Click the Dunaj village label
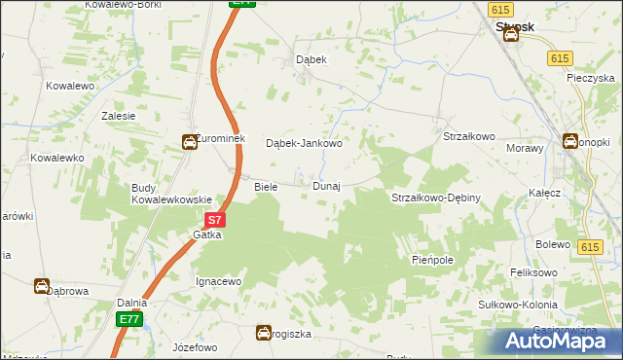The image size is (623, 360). pos(326,186)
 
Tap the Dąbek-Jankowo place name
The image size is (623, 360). pos(305,144)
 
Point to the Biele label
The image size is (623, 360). pos(266,186)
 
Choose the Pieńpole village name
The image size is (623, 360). pos(432,261)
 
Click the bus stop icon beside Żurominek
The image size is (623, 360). pos(188,142)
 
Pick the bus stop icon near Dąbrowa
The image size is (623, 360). pos(42,286)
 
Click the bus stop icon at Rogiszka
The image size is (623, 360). pos(263,333)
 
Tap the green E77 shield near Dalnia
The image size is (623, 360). pos(128,319)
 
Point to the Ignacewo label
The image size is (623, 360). pos(218,281)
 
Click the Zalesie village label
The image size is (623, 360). pos(118,115)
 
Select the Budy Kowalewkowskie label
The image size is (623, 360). pos(171,194)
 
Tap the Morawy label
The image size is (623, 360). pos(523,148)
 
